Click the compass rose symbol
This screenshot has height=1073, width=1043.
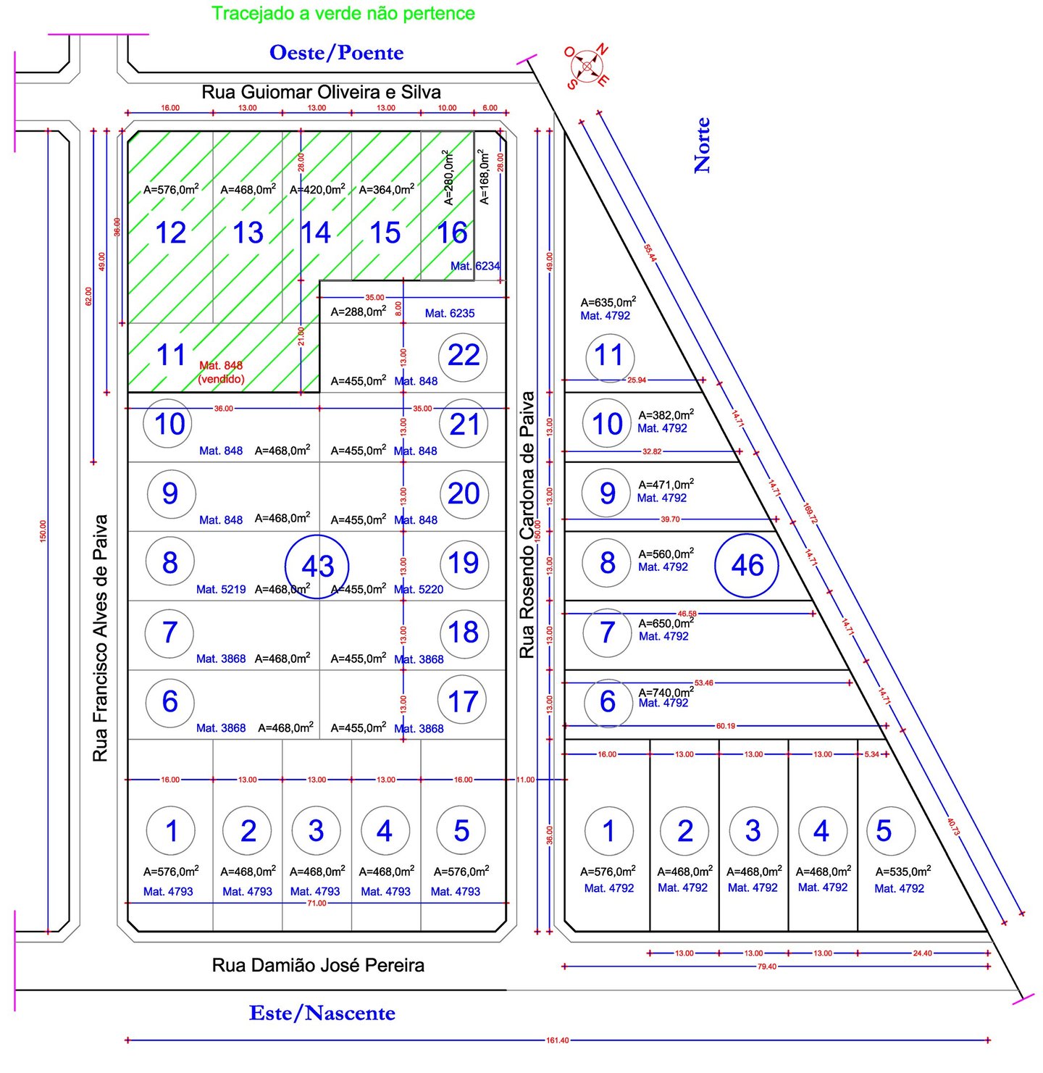pos(587,67)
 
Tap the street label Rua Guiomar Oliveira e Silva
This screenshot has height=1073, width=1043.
pos(321,92)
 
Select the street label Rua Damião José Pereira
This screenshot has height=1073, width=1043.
pos(318,965)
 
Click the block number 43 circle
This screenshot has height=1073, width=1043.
pos(317,566)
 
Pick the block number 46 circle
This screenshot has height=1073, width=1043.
pos(747,565)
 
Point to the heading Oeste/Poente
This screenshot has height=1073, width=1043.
pos(336,53)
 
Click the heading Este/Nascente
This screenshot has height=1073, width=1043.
pos(322,1013)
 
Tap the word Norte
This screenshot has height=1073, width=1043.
pos(702,146)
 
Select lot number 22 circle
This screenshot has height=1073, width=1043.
pos(464,356)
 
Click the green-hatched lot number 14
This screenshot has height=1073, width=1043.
pos(316,233)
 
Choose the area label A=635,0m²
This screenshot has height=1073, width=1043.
pos(608,302)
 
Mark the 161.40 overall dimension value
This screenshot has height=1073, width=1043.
pos(557,1040)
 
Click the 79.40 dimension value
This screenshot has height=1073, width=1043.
pos(766,966)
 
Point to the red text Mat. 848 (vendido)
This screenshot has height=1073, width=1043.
pos(221,372)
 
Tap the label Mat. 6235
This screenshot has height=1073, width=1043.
pos(450,313)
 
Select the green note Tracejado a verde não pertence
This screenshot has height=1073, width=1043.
pos(343,13)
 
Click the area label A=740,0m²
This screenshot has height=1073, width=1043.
pos(666,692)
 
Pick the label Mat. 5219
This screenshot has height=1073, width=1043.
pos(221,590)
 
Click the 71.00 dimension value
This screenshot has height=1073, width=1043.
pos(317,903)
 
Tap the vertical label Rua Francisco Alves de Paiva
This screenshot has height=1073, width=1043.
pos(100,638)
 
